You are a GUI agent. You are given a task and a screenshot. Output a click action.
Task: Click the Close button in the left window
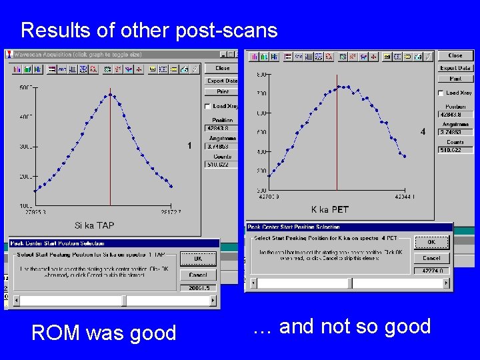[x=222, y=68]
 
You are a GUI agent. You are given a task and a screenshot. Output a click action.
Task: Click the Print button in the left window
[x=222, y=92]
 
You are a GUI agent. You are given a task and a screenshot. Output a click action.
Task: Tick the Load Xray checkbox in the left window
[x=207, y=106]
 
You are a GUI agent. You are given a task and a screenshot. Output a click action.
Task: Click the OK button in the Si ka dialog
[x=198, y=259]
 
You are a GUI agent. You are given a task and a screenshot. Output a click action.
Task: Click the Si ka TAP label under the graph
[x=94, y=226]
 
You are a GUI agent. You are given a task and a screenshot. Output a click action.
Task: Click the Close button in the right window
[x=455, y=56]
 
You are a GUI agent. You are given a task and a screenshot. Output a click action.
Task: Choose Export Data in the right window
[x=455, y=68]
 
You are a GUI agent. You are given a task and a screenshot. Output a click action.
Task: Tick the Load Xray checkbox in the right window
[x=441, y=93]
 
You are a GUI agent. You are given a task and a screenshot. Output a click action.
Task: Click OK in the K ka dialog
[x=431, y=242]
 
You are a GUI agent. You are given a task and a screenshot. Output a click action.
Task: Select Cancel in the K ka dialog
[x=431, y=258]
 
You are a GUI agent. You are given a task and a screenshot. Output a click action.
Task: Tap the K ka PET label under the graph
[x=330, y=209]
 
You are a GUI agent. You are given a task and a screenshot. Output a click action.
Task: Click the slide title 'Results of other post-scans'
[x=149, y=30]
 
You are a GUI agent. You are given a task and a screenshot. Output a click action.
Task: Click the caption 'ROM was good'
[x=103, y=332]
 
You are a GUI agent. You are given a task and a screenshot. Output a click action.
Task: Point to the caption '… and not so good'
[x=342, y=327]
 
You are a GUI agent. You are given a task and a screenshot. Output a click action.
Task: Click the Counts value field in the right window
[x=455, y=150]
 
